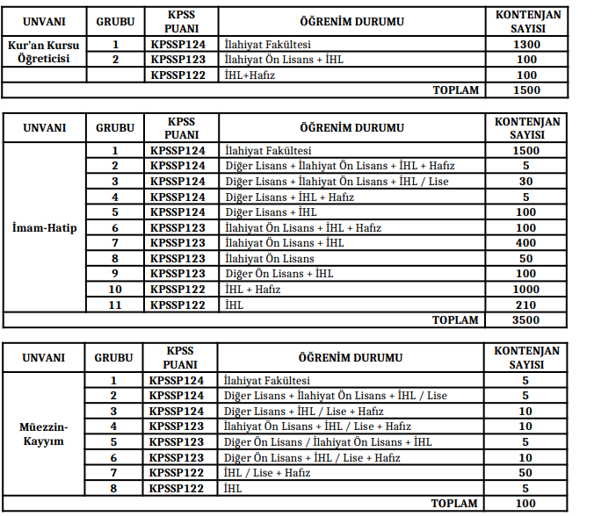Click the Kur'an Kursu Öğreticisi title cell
pyautogui.click(x=44, y=52)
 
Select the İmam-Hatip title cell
pyautogui.click(x=44, y=228)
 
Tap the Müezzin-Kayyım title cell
pyautogui.click(x=44, y=434)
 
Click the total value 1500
pyautogui.click(x=526, y=90)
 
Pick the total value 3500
pyautogui.click(x=526, y=320)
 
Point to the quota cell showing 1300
pyautogui.click(x=526, y=44)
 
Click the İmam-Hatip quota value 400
pyautogui.click(x=526, y=243)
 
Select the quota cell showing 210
pyautogui.click(x=526, y=305)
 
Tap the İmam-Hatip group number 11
pyautogui.click(x=114, y=305)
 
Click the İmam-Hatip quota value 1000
pyautogui.click(x=526, y=289)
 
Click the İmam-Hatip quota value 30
pyautogui.click(x=526, y=182)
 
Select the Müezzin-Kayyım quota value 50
pyautogui.click(x=525, y=473)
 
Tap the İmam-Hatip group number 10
pyautogui.click(x=114, y=289)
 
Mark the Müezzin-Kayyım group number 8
pyautogui.click(x=113, y=488)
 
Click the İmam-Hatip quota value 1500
pyautogui.click(x=526, y=151)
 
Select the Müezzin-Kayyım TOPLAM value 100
pyautogui.click(x=525, y=504)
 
